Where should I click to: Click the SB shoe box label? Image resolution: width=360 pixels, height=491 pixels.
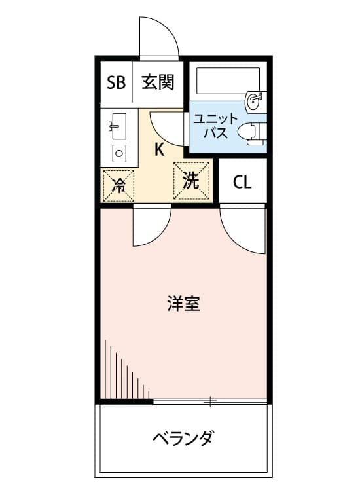click(116, 82)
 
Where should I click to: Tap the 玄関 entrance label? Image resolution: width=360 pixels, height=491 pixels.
click(158, 82)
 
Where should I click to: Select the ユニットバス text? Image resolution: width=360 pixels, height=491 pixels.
click(215, 126)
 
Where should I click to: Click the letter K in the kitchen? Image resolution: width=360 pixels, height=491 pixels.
click(159, 149)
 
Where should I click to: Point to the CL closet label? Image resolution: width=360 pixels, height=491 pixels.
click(242, 182)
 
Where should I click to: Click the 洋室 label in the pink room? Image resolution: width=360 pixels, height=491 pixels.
click(183, 303)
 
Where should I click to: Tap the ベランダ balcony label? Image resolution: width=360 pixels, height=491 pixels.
click(183, 438)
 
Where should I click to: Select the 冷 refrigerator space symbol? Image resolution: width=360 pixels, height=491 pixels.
click(118, 186)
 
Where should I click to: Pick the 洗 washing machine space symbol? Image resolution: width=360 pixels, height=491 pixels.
click(191, 181)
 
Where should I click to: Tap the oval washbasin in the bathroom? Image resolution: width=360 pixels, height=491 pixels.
click(253, 101)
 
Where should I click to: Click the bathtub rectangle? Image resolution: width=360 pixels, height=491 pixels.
click(228, 81)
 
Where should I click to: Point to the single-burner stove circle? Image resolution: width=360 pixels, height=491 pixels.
click(119, 153)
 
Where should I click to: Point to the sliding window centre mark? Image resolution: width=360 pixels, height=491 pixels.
click(210, 401)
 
